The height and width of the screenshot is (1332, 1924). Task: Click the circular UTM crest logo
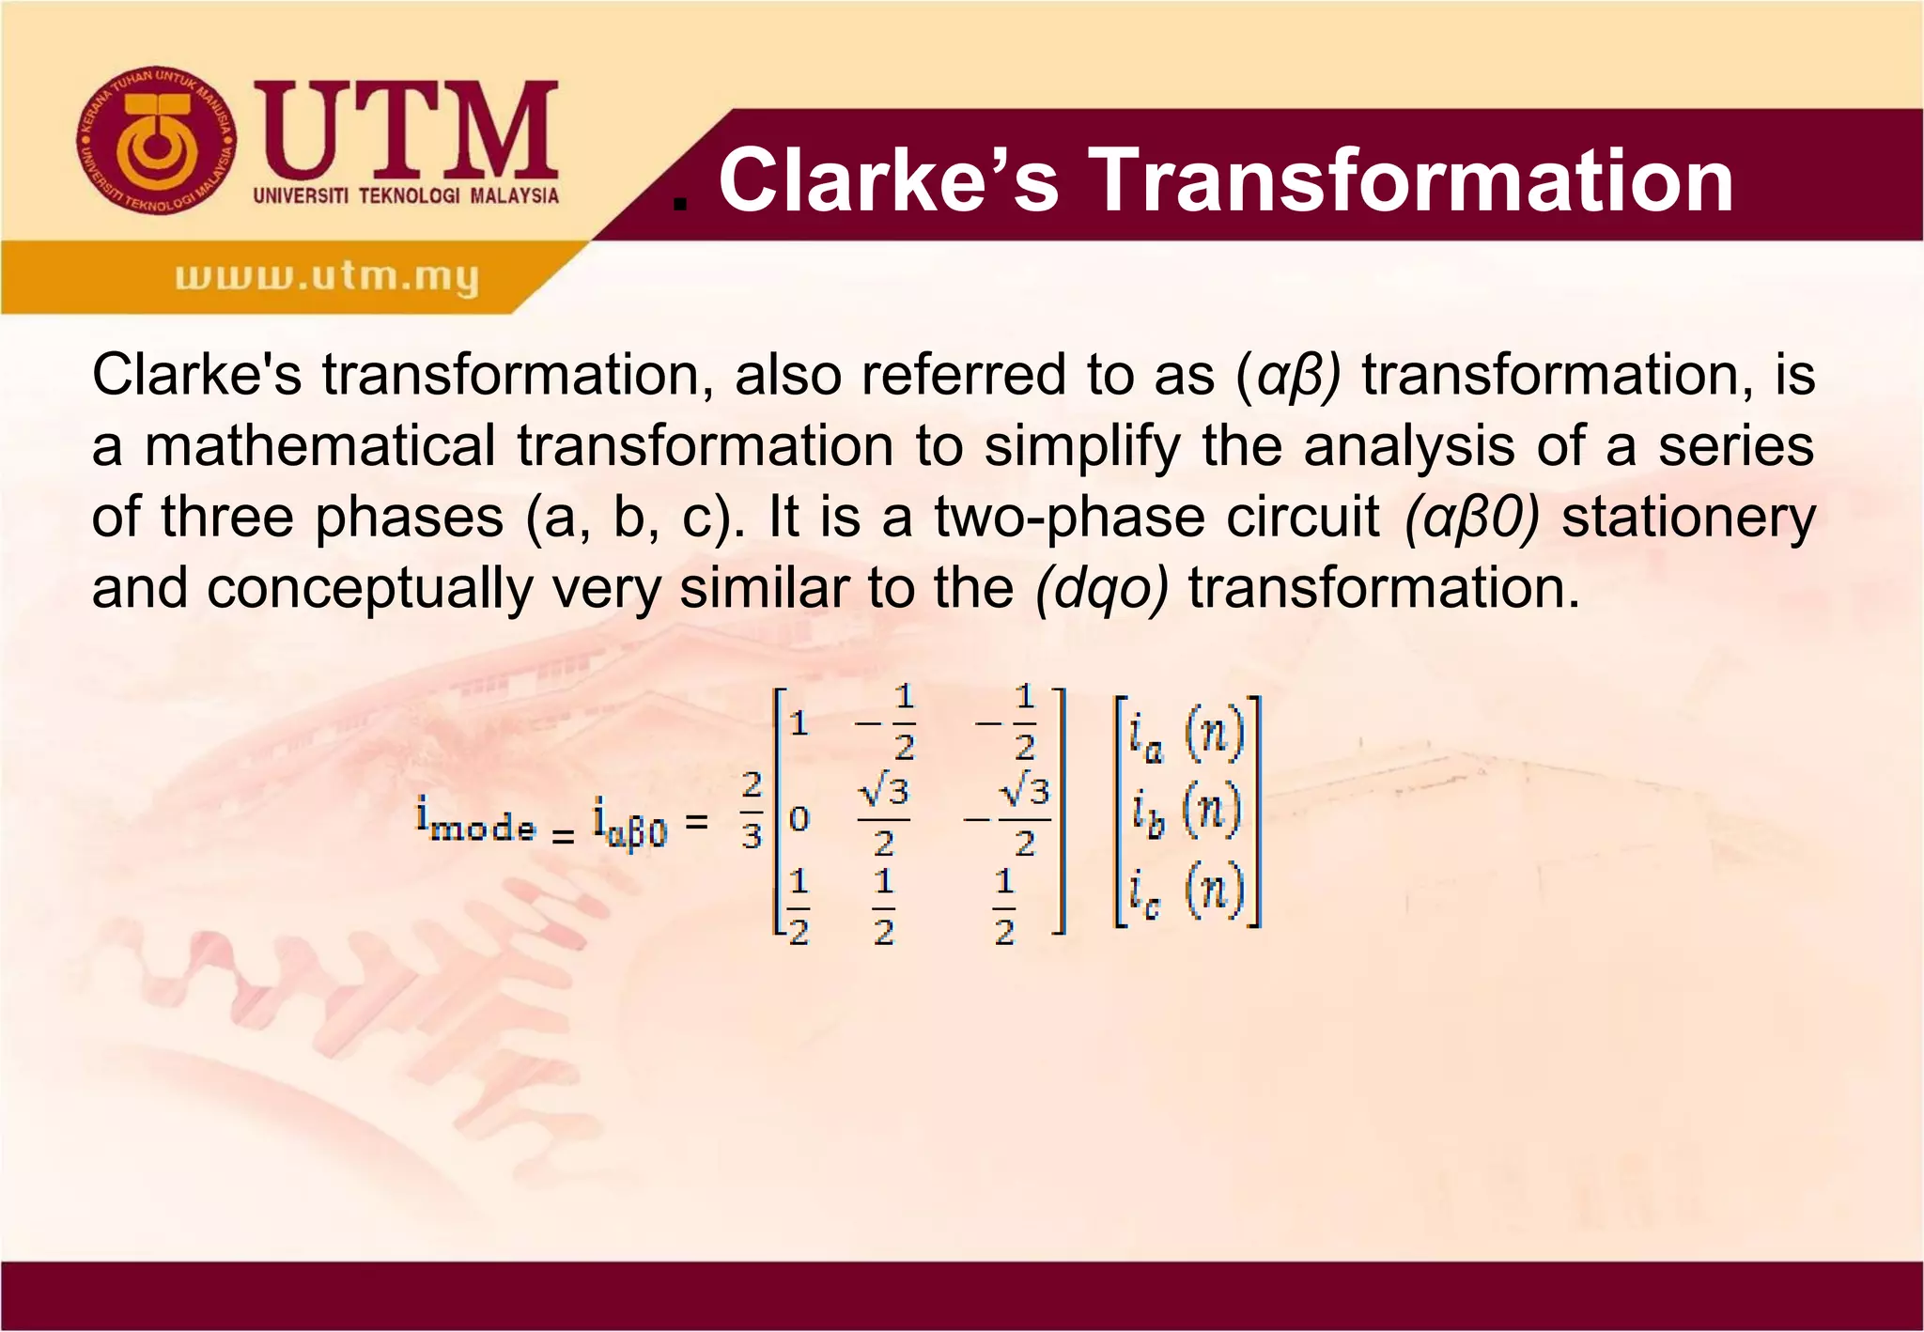(157, 142)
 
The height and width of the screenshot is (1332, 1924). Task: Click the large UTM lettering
(406, 132)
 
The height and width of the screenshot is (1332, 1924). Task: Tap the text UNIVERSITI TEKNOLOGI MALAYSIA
(406, 195)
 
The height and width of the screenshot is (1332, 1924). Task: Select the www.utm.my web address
(326, 277)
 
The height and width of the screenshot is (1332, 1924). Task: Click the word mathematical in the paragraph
(319, 445)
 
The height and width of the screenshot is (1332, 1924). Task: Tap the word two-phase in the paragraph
(1067, 517)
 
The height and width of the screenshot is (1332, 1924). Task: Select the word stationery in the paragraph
(1688, 519)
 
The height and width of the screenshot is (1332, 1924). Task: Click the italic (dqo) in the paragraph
(1101, 589)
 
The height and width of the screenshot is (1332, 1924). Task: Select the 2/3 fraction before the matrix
(752, 810)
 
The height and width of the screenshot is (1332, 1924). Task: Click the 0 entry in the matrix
(799, 819)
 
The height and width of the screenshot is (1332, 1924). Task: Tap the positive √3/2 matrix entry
(883, 816)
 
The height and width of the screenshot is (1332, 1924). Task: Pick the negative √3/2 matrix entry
(1009, 816)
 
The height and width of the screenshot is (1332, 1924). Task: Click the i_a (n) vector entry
(1186, 735)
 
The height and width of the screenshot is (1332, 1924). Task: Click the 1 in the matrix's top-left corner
(799, 723)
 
